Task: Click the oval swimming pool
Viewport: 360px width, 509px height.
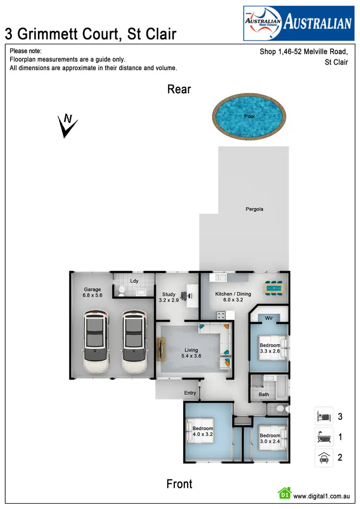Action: point(249,117)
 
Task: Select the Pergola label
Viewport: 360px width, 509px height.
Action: point(254,209)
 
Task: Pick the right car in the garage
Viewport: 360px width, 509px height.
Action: point(134,342)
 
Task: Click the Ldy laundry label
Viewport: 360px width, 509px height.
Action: point(134,281)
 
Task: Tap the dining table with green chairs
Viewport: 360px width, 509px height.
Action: point(273,288)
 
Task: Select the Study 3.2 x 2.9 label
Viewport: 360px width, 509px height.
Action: point(168,297)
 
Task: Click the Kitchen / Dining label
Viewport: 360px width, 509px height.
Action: point(233,297)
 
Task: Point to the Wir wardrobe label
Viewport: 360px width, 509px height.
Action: point(269,318)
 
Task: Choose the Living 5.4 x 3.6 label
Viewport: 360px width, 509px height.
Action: point(191,353)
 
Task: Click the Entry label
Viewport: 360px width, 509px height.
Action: point(190,393)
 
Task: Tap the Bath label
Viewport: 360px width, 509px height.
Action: point(264,395)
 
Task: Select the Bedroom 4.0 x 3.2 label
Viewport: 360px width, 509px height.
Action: point(203,431)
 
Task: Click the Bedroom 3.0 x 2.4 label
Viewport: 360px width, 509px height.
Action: point(270,439)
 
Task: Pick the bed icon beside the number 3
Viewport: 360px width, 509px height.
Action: point(324,415)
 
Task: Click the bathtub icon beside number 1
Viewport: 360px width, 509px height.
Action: point(324,437)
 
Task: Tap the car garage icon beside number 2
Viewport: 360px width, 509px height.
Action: point(324,458)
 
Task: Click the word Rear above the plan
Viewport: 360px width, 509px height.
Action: point(179,89)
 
